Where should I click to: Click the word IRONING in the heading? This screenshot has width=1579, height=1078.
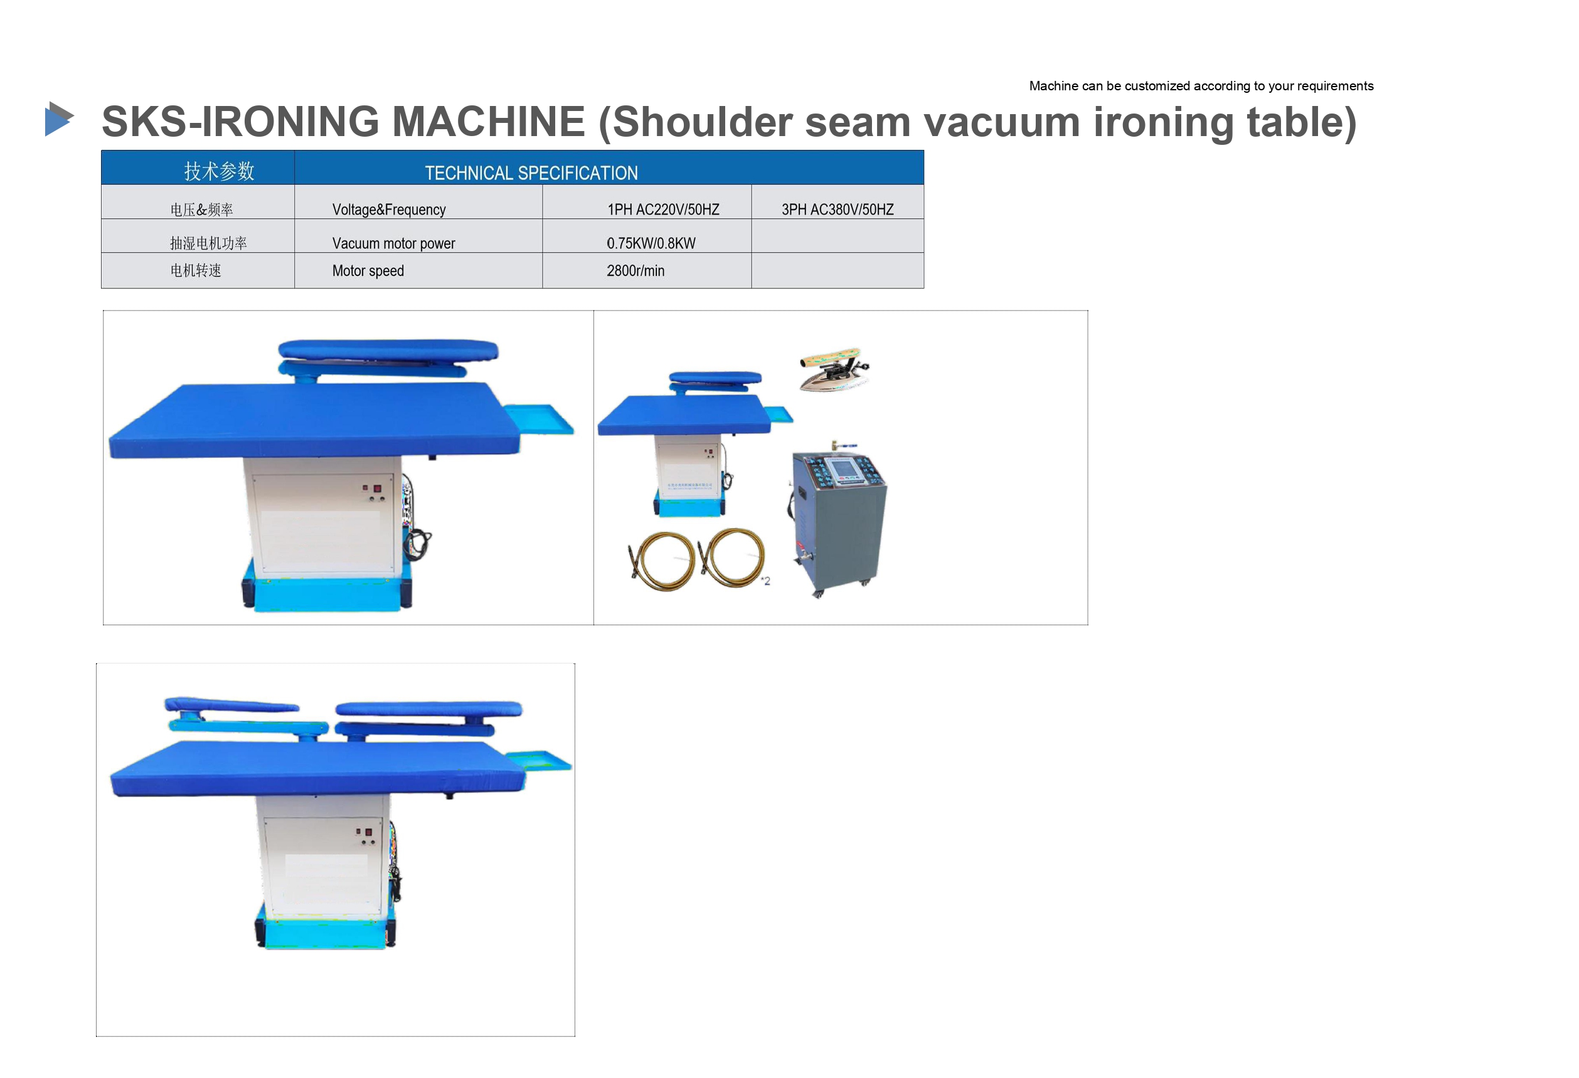[292, 122]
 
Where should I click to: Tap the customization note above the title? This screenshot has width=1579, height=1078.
[1201, 85]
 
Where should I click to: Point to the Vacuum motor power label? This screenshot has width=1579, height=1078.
[393, 243]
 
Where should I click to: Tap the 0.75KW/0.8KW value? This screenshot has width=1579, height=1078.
[651, 243]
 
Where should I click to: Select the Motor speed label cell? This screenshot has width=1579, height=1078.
[418, 270]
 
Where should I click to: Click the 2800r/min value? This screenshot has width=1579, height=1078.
[635, 270]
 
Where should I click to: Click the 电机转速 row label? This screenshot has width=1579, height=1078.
[196, 270]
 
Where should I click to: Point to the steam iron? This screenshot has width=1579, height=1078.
[834, 369]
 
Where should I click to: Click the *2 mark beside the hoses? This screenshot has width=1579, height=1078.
[766, 581]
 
